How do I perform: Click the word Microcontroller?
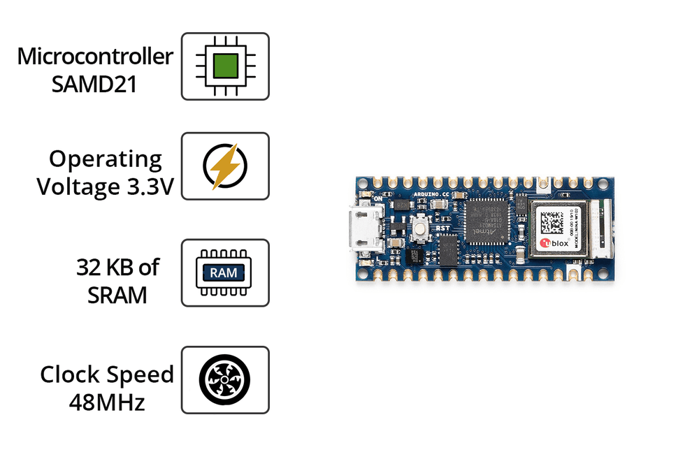coord(95,56)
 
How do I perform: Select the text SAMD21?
coord(95,84)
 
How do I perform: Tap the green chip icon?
coord(225,66)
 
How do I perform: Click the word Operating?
coord(106,159)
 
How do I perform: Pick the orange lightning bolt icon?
coord(225,166)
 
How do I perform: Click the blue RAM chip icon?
coord(225,272)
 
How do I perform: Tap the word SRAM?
coord(117,295)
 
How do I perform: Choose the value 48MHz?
coord(107,402)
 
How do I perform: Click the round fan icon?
coord(225,379)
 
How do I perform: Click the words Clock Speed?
coord(107,374)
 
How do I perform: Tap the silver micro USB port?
coord(364,228)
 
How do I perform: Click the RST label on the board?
coord(442,228)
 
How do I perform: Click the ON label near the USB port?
coord(380,198)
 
